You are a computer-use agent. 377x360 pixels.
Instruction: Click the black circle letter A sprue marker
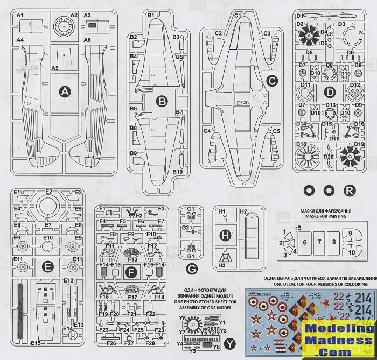pos(65,92)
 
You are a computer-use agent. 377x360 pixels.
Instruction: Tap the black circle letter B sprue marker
pos(160,100)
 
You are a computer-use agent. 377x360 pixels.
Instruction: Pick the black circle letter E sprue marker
pos(48,265)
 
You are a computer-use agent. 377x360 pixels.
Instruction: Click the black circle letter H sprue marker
pos(226,235)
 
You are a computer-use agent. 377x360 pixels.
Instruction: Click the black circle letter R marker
pos(350,190)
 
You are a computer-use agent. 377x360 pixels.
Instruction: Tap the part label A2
pos(74,15)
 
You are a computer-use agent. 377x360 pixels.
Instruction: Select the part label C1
pos(238,16)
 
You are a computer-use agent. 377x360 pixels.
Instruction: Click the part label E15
pos(36,343)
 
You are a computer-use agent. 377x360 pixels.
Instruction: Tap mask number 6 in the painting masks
pos(304,243)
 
